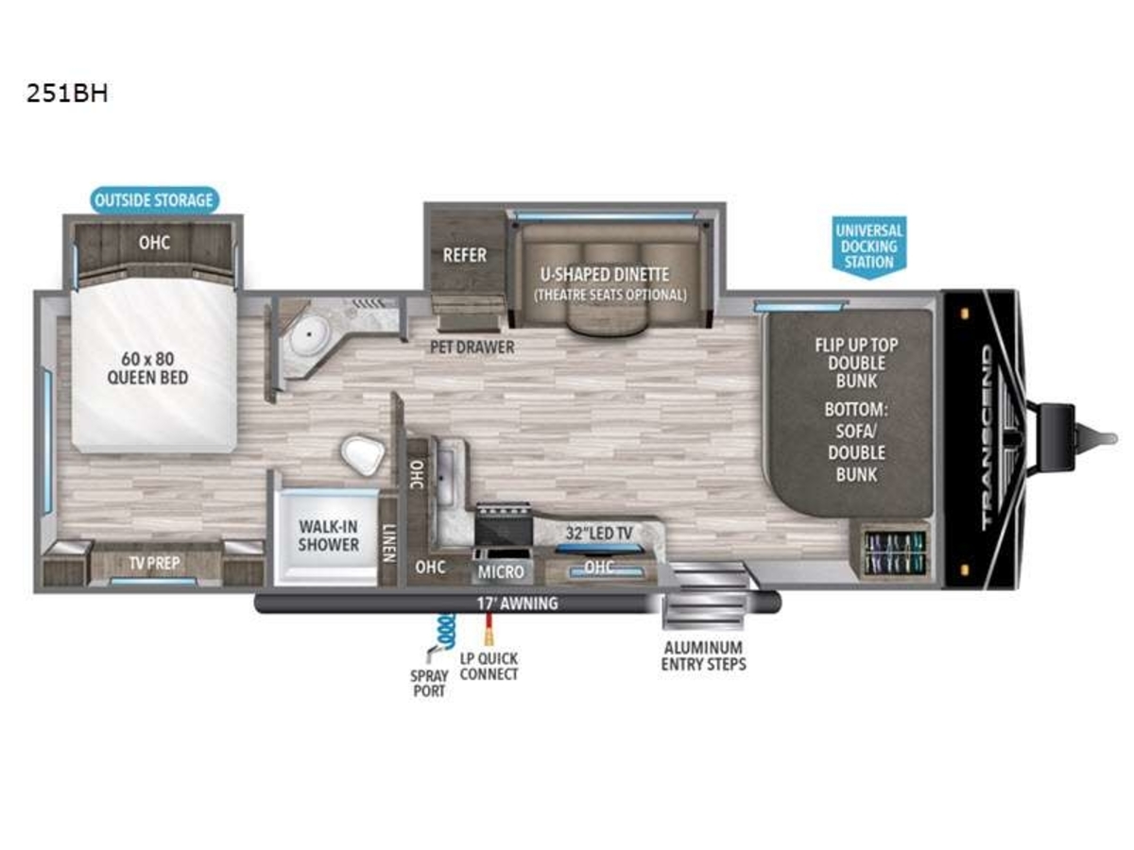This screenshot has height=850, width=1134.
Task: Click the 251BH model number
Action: click(67, 93)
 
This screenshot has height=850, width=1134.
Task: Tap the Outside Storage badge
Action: click(154, 200)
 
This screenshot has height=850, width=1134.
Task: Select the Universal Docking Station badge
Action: click(869, 246)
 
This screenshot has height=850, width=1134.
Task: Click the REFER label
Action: click(464, 255)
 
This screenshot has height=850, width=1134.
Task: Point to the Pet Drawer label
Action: click(472, 348)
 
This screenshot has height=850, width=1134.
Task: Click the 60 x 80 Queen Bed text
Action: click(147, 368)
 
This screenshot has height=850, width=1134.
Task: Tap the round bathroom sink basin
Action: click(309, 335)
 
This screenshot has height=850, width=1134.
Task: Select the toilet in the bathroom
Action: click(363, 455)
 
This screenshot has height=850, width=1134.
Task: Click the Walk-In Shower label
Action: click(329, 535)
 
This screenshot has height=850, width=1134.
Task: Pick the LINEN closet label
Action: click(388, 543)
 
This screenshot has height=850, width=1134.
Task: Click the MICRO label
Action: click(501, 571)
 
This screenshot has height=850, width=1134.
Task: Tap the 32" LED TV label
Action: click(599, 533)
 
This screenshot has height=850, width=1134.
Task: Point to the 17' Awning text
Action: click(517, 603)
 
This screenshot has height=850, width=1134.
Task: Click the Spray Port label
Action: click(429, 683)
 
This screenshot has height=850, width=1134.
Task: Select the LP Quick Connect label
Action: click(489, 666)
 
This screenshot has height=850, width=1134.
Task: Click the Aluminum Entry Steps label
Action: click(704, 656)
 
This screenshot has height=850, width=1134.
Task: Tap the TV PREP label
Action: click(154, 563)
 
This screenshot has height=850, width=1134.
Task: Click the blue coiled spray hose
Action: click(444, 631)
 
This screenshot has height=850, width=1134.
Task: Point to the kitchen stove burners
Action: click(503, 509)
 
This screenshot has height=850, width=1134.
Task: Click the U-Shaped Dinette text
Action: click(605, 275)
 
